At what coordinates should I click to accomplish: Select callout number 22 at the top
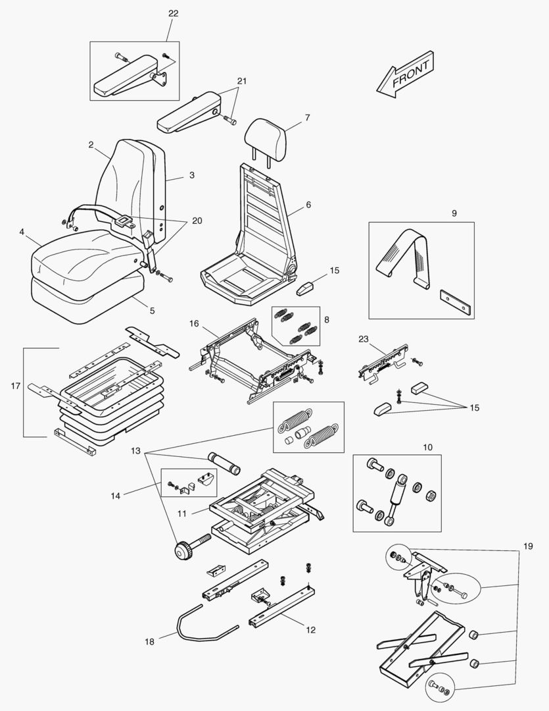[173, 13]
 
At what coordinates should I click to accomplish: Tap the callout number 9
[454, 213]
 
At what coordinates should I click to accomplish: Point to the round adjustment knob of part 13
[181, 551]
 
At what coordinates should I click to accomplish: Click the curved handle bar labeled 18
[197, 622]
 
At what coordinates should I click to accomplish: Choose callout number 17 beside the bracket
[16, 385]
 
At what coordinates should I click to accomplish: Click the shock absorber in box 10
[396, 498]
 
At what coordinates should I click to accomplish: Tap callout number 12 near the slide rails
[310, 630]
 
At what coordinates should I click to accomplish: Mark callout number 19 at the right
[528, 546]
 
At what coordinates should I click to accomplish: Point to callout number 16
[194, 323]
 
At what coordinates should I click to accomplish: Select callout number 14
[116, 495]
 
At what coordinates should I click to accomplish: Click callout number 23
[364, 340]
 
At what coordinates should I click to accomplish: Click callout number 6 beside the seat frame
[308, 205]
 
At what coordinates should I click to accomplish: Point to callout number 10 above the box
[427, 448]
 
